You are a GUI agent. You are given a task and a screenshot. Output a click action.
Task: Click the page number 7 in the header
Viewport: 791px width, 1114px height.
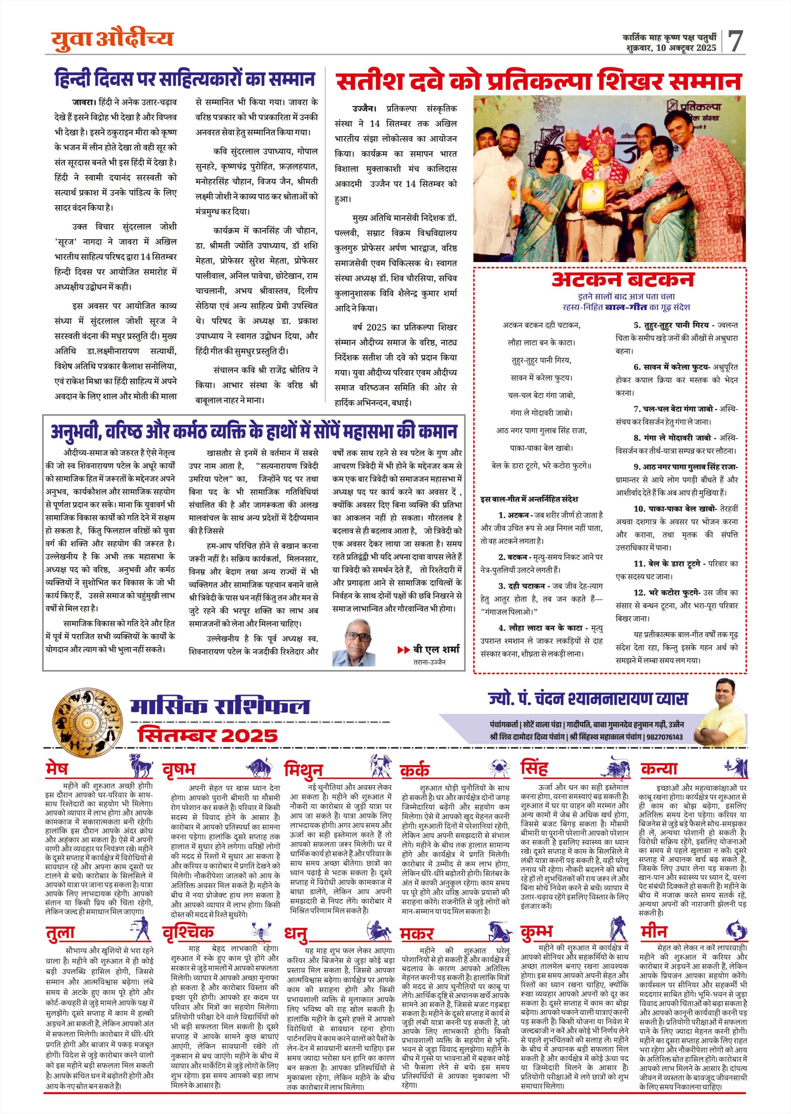coord(735,41)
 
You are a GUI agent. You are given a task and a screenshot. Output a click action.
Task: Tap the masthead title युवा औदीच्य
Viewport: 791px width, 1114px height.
coord(112,39)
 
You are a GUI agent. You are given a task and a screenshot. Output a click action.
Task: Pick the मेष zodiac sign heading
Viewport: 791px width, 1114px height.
coord(57,769)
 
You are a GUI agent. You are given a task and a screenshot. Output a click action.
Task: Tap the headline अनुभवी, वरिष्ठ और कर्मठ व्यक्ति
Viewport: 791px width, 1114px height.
coord(254,432)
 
